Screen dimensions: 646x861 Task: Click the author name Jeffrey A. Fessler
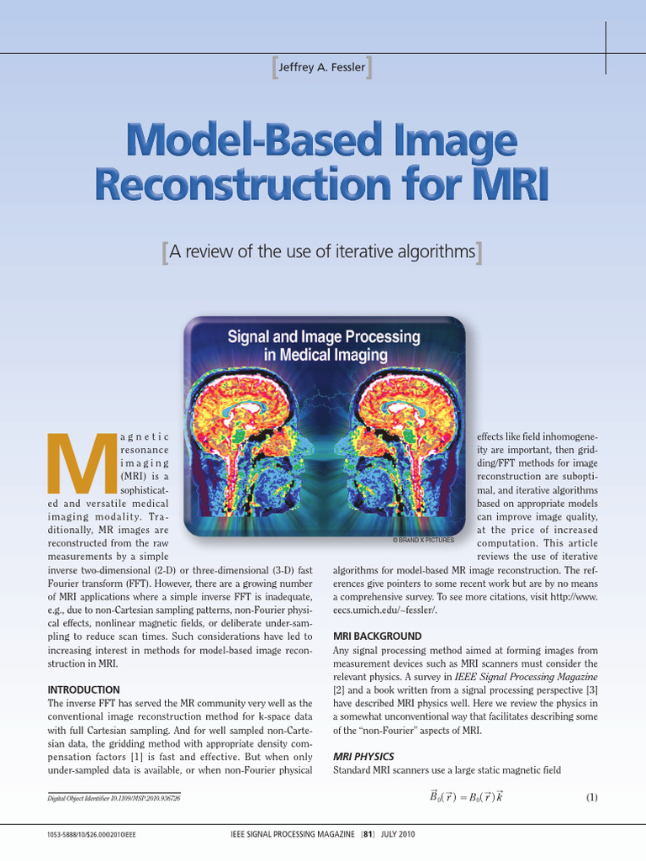coord(322,67)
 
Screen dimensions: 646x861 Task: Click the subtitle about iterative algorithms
coord(322,251)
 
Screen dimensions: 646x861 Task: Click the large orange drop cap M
coord(82,464)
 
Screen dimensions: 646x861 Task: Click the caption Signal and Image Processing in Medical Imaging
coord(324,346)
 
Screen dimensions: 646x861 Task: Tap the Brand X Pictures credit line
coord(423,539)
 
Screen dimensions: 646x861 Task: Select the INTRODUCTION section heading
coord(83,689)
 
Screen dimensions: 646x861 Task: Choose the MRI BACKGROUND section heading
coord(378,636)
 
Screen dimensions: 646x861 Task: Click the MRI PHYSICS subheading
coord(363,757)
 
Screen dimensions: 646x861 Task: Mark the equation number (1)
coord(591,797)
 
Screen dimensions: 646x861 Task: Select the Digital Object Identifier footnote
coord(114,798)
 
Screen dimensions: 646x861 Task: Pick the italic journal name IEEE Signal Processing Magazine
coord(526,676)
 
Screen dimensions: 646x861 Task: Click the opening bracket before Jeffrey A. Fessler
coord(274,67)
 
